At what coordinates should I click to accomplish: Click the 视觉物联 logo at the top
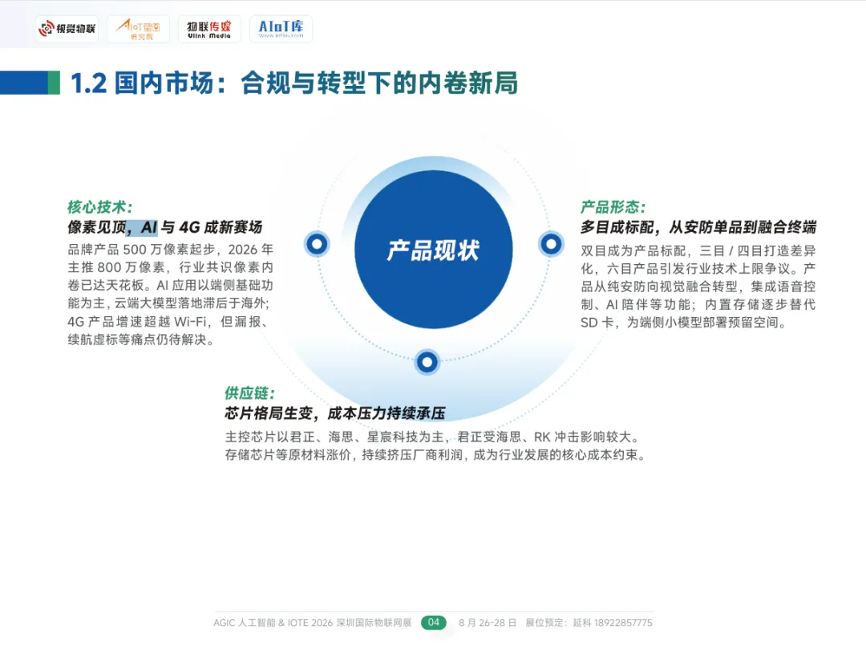67,30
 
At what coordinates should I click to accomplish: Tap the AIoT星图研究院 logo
138,30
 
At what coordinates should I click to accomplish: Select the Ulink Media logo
208,30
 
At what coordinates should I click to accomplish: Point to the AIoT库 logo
281,29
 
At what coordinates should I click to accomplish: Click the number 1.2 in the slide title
88,83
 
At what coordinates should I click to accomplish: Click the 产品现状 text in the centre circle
433,250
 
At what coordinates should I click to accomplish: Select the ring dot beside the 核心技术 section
317,243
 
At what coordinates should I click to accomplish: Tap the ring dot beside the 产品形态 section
551,243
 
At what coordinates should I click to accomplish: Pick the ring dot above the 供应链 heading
427,362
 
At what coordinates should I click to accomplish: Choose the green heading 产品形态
613,207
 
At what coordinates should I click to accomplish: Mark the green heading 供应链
249,393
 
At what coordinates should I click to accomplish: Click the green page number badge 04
434,622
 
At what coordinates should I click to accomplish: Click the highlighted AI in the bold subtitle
149,227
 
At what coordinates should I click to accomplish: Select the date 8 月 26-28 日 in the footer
488,623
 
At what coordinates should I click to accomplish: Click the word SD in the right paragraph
589,323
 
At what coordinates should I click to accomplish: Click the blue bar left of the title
24,83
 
